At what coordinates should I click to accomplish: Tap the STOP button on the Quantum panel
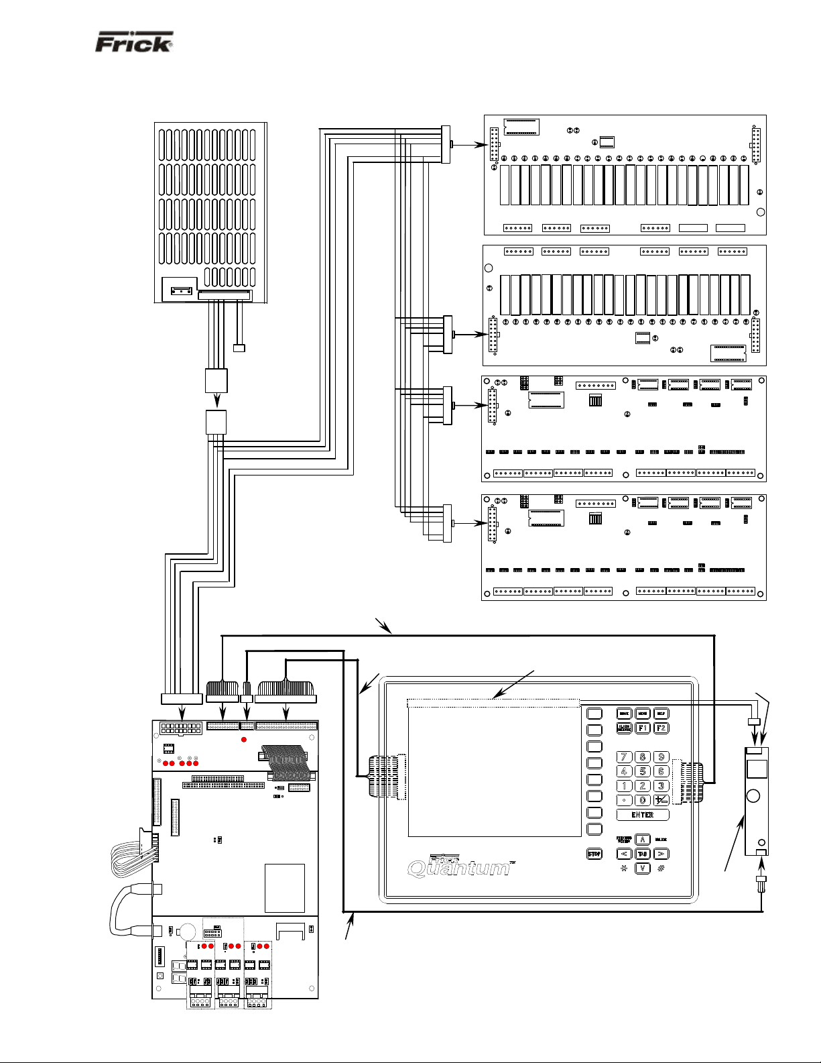[594, 854]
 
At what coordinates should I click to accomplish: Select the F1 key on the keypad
[642, 728]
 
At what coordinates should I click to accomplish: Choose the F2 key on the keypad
[661, 728]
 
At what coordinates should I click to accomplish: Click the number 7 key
[624, 757]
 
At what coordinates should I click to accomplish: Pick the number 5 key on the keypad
[642, 771]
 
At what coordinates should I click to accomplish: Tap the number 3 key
[661, 785]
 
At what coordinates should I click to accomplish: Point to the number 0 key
[642, 800]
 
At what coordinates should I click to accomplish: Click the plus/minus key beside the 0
[661, 800]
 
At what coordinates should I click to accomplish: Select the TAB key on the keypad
[642, 854]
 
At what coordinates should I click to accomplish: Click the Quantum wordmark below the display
[460, 869]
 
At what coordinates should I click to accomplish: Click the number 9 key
[661, 757]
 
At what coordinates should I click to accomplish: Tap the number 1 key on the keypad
[624, 785]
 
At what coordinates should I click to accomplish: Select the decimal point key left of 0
[624, 800]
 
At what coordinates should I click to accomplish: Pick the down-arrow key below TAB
[642, 868]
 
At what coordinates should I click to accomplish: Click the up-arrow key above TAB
[642, 840]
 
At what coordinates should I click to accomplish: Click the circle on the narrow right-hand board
[753, 796]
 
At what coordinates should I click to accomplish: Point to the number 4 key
[624, 771]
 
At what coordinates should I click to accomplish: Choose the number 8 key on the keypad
[642, 757]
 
